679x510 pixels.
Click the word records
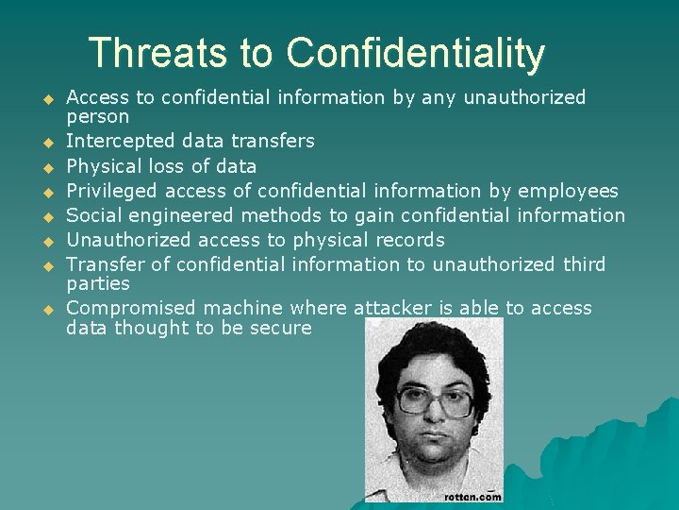click(407, 240)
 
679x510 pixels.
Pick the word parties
click(98, 284)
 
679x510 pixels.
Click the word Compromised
click(127, 308)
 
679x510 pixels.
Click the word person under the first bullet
click(98, 117)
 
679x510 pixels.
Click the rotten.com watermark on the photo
click(472, 495)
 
